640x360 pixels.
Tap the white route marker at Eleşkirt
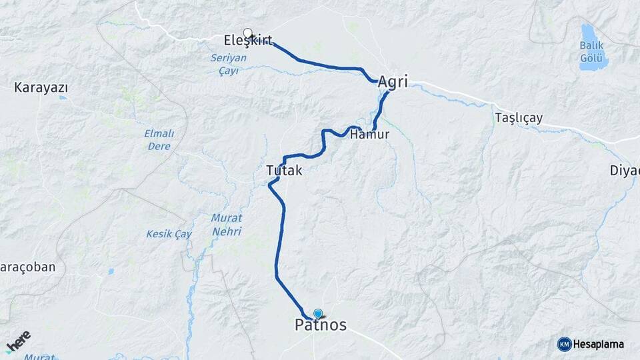248,33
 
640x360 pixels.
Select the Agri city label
393,83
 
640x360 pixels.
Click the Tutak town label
284,171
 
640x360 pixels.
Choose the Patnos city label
321,325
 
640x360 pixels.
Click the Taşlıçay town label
519,118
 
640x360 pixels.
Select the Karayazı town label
41,88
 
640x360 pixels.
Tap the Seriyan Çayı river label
229,63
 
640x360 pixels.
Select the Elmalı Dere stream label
159,139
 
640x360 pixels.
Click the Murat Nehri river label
226,225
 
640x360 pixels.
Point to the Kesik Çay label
169,234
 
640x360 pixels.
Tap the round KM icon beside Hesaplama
564,344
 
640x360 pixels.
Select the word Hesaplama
599,344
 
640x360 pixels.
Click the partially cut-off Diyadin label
625,170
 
